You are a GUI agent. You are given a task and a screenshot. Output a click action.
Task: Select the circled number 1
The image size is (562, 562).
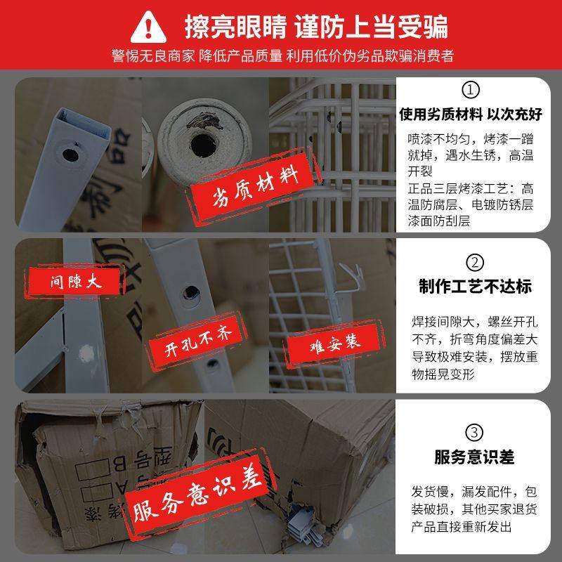pyautogui.click(x=471, y=91)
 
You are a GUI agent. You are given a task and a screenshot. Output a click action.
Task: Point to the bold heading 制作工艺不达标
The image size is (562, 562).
pyautogui.click(x=475, y=287)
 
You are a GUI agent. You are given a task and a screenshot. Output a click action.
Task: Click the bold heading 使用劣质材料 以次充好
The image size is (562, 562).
pyautogui.click(x=475, y=114)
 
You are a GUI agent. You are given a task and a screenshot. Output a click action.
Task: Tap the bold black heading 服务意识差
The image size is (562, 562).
pyautogui.click(x=475, y=457)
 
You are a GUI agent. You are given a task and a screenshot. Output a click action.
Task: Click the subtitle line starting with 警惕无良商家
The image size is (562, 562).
pyautogui.click(x=281, y=55)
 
